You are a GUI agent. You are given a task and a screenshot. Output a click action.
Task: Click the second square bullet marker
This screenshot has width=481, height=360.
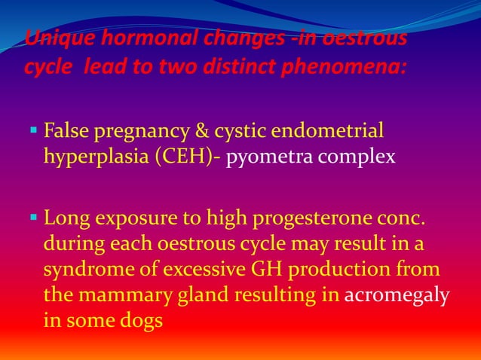pyautogui.click(x=35, y=220)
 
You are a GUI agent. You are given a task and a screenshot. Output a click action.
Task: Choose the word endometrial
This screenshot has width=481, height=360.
pyautogui.click(x=335, y=133)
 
